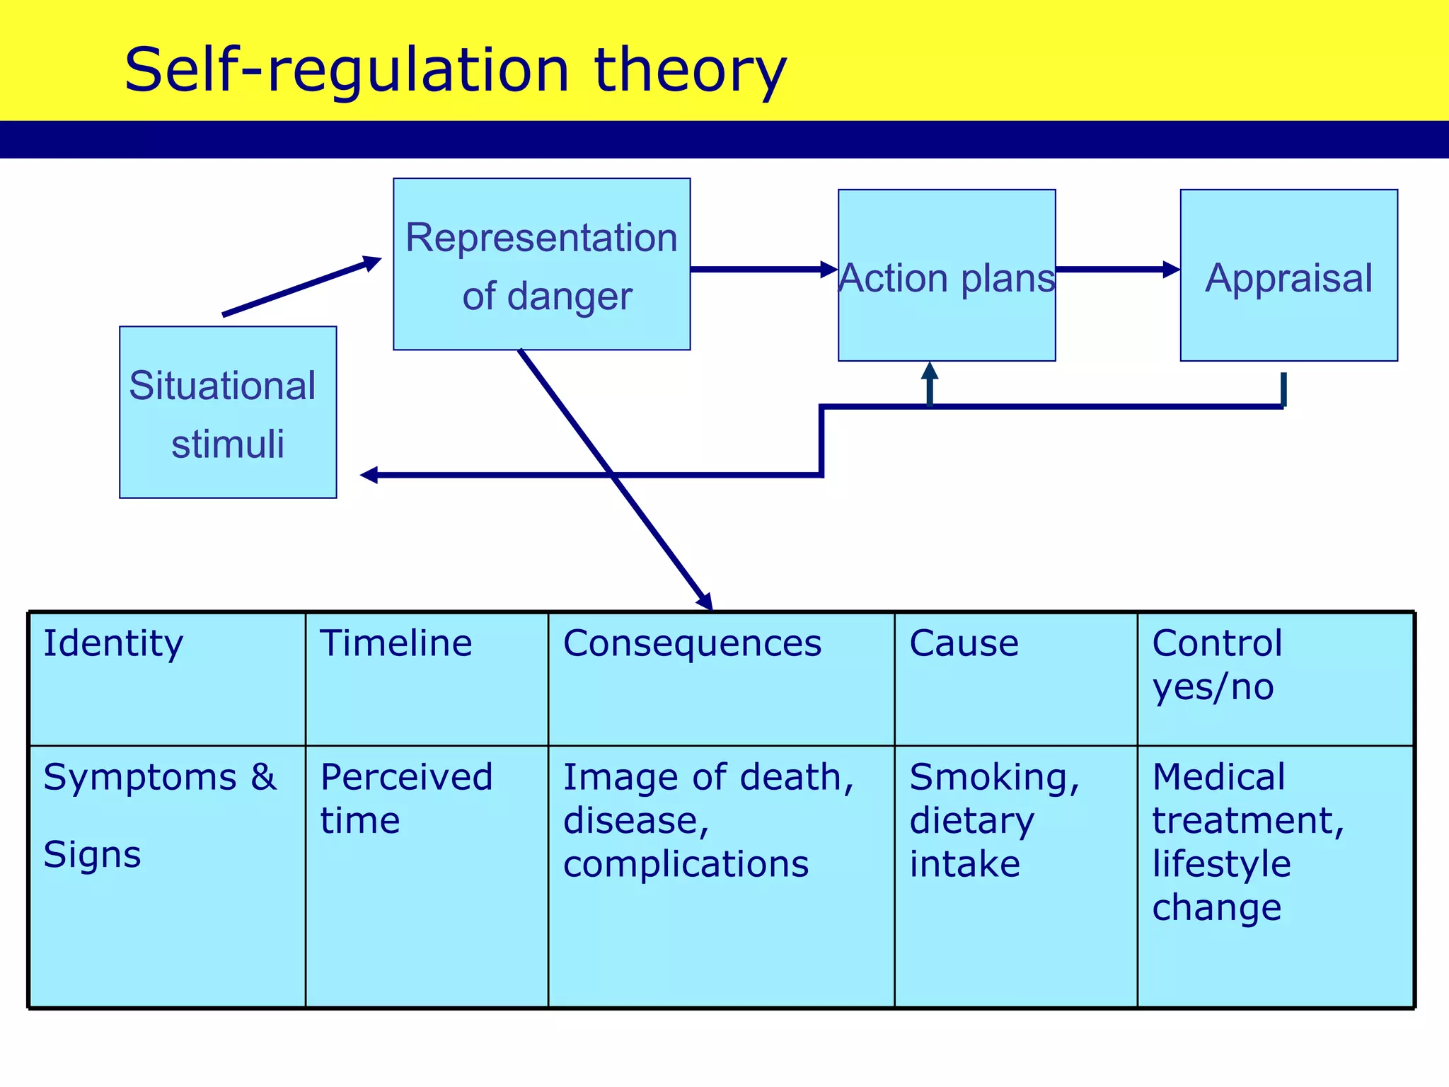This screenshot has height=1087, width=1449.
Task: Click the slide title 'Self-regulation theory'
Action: click(455, 69)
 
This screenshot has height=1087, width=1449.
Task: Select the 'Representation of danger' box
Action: click(541, 264)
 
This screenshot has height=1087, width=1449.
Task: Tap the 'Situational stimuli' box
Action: click(228, 413)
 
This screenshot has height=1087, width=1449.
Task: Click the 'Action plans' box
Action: click(947, 276)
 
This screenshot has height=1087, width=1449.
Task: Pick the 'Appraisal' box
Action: click(1288, 276)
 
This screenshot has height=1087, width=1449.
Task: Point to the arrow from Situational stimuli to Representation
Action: click(301, 287)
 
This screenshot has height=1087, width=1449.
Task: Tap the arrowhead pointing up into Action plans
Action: click(930, 371)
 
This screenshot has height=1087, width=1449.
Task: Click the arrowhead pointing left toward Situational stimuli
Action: click(369, 475)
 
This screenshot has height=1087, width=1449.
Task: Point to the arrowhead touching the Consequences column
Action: click(705, 601)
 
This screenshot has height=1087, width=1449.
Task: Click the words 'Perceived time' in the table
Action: click(406, 798)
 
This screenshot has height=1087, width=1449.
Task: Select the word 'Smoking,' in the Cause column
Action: click(994, 777)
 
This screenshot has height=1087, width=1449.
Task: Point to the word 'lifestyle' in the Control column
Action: click(1221, 863)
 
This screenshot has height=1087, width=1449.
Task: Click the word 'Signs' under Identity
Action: click(92, 854)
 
